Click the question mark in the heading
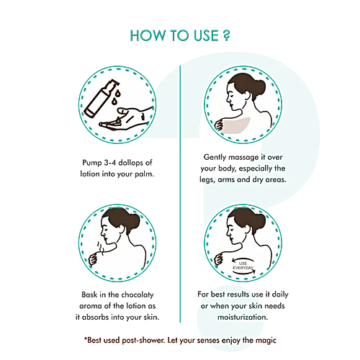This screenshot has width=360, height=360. pos(226,35)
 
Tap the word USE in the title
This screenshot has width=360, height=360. pos(206,35)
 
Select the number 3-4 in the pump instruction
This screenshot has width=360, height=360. pos(109,163)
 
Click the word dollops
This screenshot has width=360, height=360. pos(130,163)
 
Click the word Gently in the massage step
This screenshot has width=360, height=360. pos(215,157)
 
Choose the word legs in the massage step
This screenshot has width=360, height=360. pos(207,180)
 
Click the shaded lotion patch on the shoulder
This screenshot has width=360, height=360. pos(235,125)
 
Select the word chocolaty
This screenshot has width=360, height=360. pos(138,295)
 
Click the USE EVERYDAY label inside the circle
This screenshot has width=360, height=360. pos(243,266)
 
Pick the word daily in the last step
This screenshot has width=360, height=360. pos(280,294)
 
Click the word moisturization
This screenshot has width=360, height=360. pos(243,318)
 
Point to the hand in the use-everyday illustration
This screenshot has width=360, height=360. pos(219,260)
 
